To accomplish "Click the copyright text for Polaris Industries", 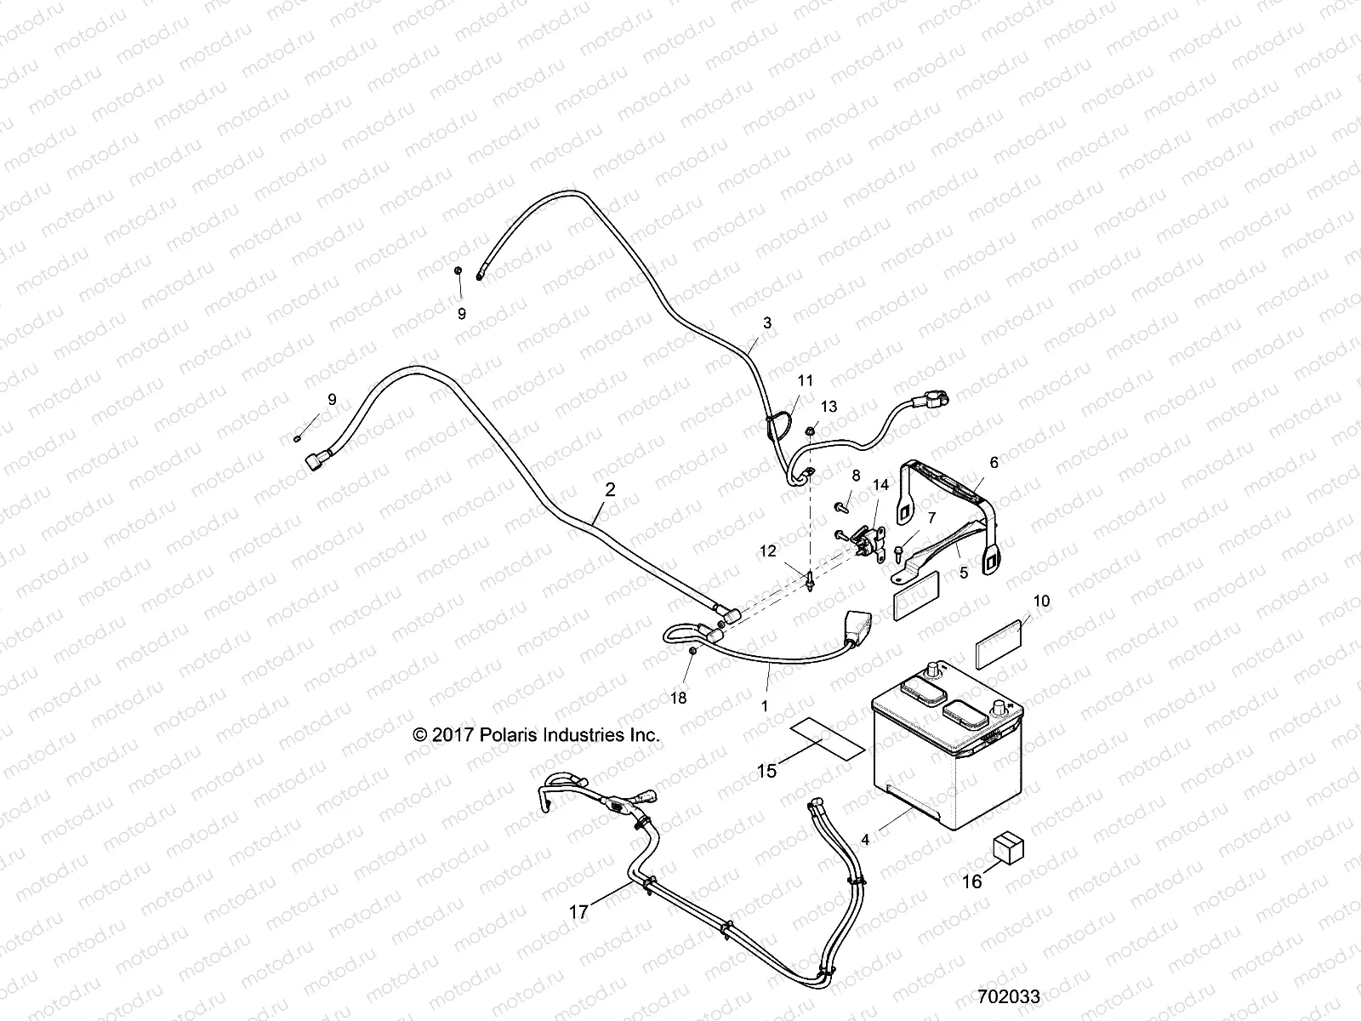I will click(x=536, y=735).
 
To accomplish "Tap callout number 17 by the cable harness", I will click(x=578, y=912).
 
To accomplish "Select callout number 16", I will click(x=971, y=881).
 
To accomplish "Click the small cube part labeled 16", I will click(x=1007, y=847).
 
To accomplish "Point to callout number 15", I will click(x=767, y=771).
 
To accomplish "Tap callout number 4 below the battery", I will click(x=865, y=840).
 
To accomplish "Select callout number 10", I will click(x=1041, y=602).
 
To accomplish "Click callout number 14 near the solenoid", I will click(x=880, y=485).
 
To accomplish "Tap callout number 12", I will click(x=767, y=551).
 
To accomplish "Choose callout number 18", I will click(x=679, y=699).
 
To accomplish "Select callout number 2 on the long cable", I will click(x=609, y=490).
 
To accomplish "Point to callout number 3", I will click(x=767, y=323).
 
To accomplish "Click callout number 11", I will click(x=805, y=380).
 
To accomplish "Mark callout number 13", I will click(x=829, y=407).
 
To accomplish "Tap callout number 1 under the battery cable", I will click(x=764, y=705).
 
